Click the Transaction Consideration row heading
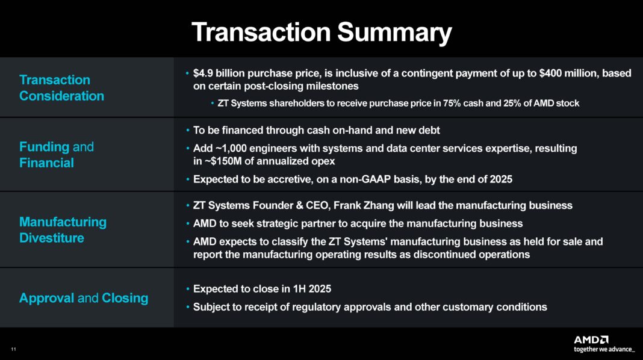coord(61,88)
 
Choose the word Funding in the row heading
coord(44,147)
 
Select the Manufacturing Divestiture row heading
coord(63,230)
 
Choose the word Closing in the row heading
coord(125,298)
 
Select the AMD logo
coord(591,340)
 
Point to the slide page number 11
coord(13,350)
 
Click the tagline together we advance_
coord(604,349)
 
